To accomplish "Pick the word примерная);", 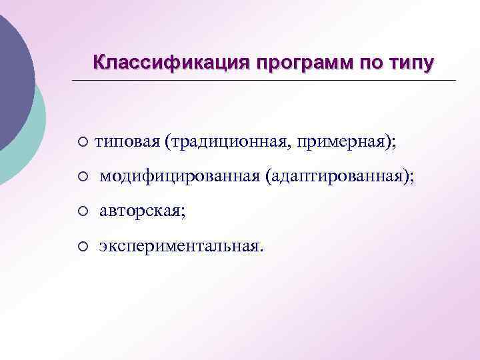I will (x=347, y=142).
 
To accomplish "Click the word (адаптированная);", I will (x=339, y=177).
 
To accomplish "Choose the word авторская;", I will (x=143, y=211).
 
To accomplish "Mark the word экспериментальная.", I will (x=180, y=246).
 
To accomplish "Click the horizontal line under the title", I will (x=267, y=81).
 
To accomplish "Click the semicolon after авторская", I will (x=184, y=213).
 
